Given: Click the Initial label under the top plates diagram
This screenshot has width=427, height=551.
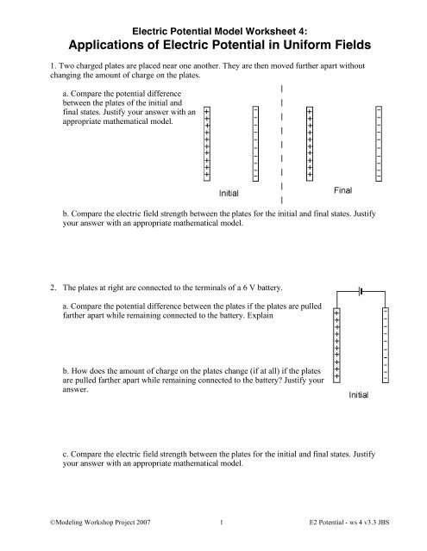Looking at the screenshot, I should pos(229,194).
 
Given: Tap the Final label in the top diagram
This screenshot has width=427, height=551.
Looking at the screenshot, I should pos(346,188).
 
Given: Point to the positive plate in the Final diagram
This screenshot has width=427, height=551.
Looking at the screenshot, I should pos(310,143).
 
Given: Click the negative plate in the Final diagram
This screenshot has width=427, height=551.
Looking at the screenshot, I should pos(380,143).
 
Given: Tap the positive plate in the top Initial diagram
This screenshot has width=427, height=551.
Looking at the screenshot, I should pos(206,143).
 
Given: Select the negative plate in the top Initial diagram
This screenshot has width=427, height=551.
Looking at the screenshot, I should pos(255,143).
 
